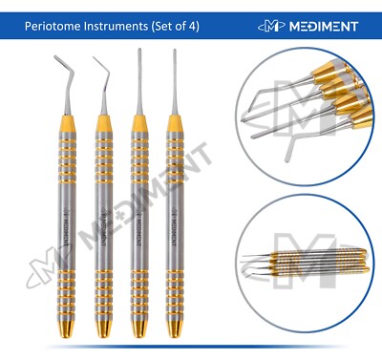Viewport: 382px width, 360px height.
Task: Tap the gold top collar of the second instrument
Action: (x=102, y=127)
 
